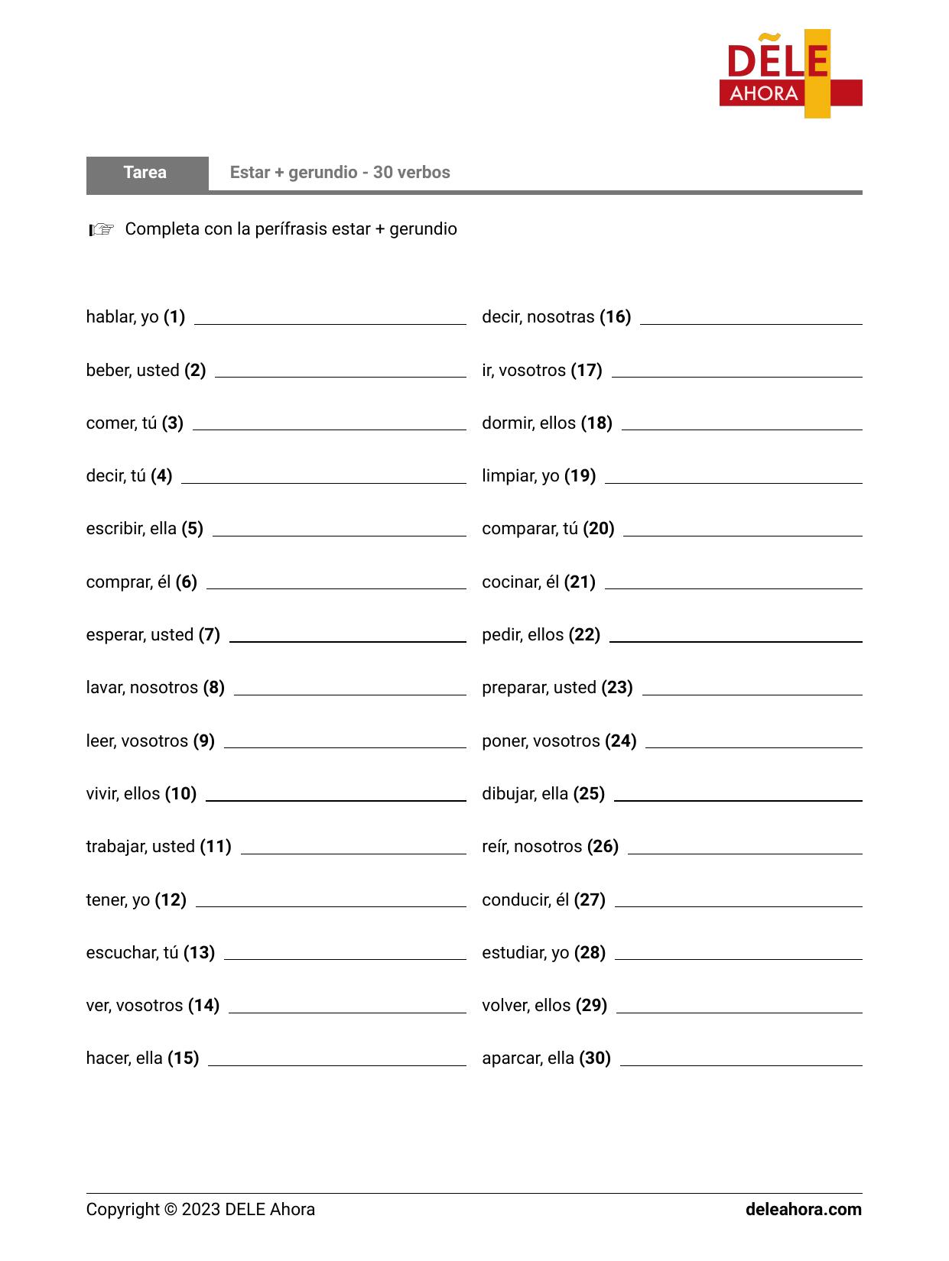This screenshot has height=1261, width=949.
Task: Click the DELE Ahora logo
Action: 790,74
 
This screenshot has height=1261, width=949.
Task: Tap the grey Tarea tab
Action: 146,173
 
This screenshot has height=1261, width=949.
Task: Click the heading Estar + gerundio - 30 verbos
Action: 340,173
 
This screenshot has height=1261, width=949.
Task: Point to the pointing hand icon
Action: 101,229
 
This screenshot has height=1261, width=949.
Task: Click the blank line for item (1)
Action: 330,323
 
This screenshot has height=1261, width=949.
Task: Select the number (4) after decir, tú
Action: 161,476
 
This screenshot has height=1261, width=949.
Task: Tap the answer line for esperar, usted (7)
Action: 347,640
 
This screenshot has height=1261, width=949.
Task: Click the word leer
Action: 99,741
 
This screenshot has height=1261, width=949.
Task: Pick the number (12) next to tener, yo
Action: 171,900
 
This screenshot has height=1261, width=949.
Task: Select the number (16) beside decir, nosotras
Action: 615,317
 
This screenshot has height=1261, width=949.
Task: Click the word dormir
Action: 504,423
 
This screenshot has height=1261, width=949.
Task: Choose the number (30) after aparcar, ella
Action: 594,1058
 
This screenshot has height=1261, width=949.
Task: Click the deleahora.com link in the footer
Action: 803,1210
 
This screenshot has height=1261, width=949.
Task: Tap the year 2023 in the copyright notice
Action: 200,1210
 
